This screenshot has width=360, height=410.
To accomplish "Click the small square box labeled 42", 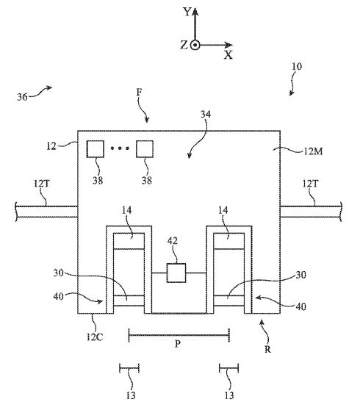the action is (x=176, y=273).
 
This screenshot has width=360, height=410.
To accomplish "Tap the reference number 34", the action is (x=206, y=115).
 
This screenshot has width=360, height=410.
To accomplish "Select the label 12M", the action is (x=313, y=151).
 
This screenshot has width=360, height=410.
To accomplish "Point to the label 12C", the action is (x=95, y=337).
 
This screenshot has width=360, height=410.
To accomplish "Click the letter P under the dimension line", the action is (x=178, y=344).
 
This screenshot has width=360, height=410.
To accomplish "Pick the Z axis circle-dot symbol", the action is (x=195, y=46).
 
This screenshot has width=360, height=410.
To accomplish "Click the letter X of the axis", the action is (x=228, y=55).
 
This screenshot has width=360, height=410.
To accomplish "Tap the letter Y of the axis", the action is (x=187, y=12).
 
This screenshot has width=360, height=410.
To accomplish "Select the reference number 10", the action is (x=297, y=66).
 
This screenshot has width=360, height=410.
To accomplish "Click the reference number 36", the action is (x=22, y=97).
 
